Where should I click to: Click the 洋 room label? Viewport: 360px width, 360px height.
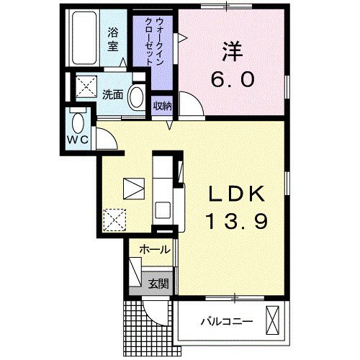click(x=232, y=52)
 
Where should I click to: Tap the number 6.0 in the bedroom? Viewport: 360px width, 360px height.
click(x=233, y=79)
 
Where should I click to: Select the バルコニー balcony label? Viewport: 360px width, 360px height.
click(x=226, y=321)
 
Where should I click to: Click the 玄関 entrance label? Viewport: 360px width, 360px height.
click(x=158, y=283)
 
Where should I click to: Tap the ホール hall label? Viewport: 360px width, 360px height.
click(x=154, y=250)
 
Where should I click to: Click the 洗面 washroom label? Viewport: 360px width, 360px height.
click(x=112, y=94)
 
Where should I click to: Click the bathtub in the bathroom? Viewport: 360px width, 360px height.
click(x=86, y=40)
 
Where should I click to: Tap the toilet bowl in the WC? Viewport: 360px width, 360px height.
click(x=78, y=118)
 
